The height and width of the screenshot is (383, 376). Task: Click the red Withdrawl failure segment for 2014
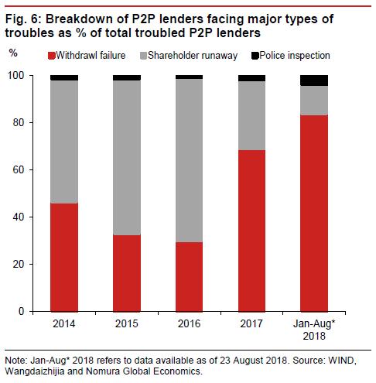(x=65, y=257)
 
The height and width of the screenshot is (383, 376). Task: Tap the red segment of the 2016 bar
(x=189, y=276)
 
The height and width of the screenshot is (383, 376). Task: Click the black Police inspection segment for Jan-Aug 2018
(x=313, y=80)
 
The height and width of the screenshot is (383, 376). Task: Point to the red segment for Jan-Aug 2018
(x=313, y=213)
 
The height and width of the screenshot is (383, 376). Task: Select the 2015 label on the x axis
(x=127, y=323)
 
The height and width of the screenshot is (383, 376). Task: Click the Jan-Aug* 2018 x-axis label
(x=313, y=328)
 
